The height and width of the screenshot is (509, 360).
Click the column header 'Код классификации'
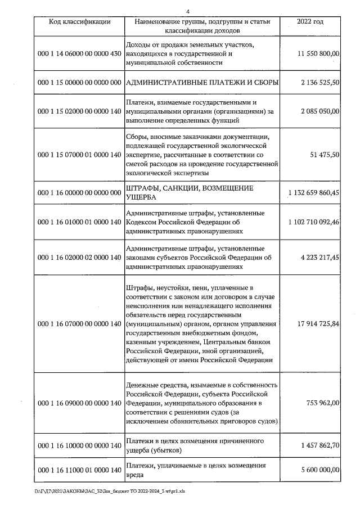point(79,22)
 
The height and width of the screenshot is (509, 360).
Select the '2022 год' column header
point(310,22)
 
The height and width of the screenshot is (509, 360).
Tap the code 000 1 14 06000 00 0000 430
point(79,53)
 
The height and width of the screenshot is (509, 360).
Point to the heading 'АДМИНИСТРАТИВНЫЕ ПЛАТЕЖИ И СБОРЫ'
point(202,83)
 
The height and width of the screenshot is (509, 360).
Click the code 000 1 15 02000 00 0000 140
point(79,111)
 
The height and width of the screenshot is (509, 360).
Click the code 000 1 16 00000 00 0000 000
point(79,192)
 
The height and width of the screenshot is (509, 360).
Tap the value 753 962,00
point(322,403)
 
